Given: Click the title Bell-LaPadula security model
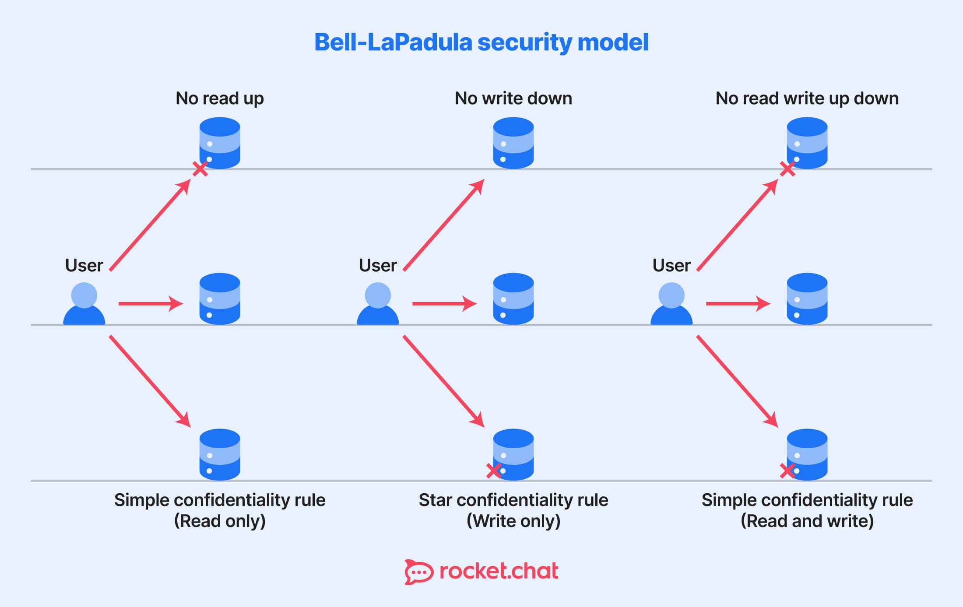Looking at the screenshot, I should click(x=481, y=42).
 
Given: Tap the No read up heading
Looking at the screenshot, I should click(x=220, y=98).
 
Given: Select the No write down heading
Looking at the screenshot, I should click(x=513, y=98).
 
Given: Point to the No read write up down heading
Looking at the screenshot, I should click(x=807, y=98).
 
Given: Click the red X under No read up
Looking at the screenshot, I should click(x=200, y=168).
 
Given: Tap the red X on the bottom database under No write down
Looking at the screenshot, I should click(x=494, y=471).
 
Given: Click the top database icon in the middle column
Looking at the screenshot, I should click(x=513, y=143).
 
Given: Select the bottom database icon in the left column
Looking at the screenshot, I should click(x=220, y=454).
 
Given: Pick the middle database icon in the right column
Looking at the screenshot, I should click(x=807, y=299).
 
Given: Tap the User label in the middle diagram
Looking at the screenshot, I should click(x=378, y=265).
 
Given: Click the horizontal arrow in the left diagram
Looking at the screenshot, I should click(x=150, y=303).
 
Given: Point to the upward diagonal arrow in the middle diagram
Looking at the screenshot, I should click(x=443, y=225).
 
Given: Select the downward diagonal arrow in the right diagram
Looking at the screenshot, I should click(x=737, y=381).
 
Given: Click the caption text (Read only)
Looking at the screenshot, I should click(x=220, y=521).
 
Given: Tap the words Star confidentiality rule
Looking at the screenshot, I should click(x=513, y=500).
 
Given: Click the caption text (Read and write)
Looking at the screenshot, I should click(x=807, y=521).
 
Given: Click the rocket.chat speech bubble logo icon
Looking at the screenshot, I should click(x=418, y=572).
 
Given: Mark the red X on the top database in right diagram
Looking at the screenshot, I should click(x=787, y=168).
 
